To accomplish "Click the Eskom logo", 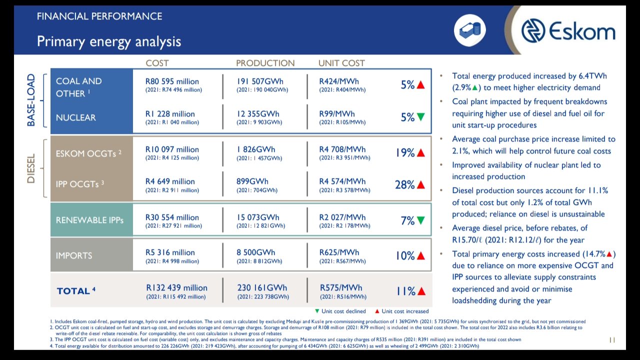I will point(568,31).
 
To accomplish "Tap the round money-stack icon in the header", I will point(469,30).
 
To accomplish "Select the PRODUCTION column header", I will point(265,63).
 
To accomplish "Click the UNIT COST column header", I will point(341,63).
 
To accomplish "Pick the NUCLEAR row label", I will point(75,117).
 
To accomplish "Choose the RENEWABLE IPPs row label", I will point(89,220).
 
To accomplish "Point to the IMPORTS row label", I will point(74,255).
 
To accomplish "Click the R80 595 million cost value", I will point(172,81).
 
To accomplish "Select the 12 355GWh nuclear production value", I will point(258,114).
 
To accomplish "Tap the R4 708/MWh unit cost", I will point(342,149).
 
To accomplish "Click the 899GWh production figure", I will point(252,181).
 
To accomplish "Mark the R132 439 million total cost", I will point(176,287).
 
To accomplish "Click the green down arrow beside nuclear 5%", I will point(420,117).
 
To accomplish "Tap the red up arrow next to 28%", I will point(420,184).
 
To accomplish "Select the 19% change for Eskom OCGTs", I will point(405,152).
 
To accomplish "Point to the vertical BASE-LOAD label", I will point(31,100).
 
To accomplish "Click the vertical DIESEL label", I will point(31,168).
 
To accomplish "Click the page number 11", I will point(611,340).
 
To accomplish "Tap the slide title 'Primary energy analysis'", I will point(109,41).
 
